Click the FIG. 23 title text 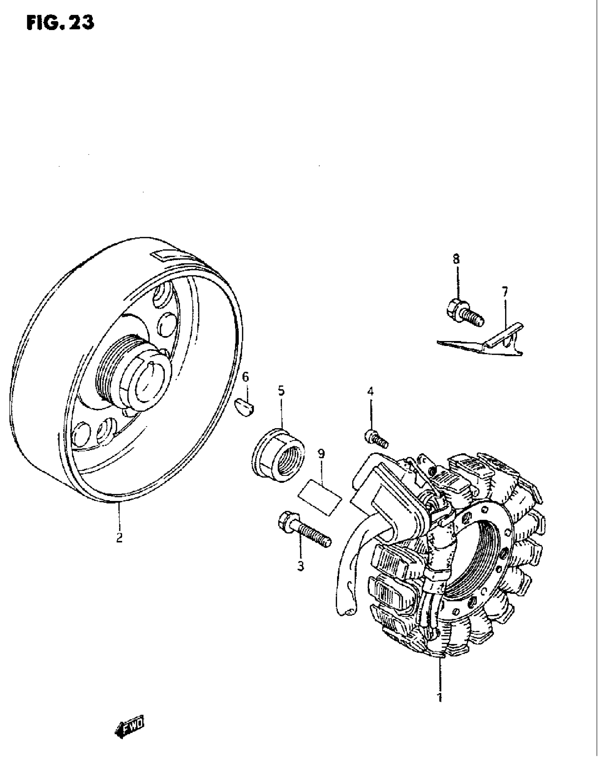[60, 23]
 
